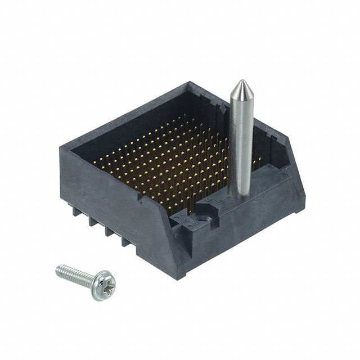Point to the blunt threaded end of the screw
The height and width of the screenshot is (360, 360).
(x=59, y=269)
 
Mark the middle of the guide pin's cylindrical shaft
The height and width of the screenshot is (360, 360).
(x=239, y=141)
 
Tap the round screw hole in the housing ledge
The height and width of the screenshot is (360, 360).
(x=203, y=215)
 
